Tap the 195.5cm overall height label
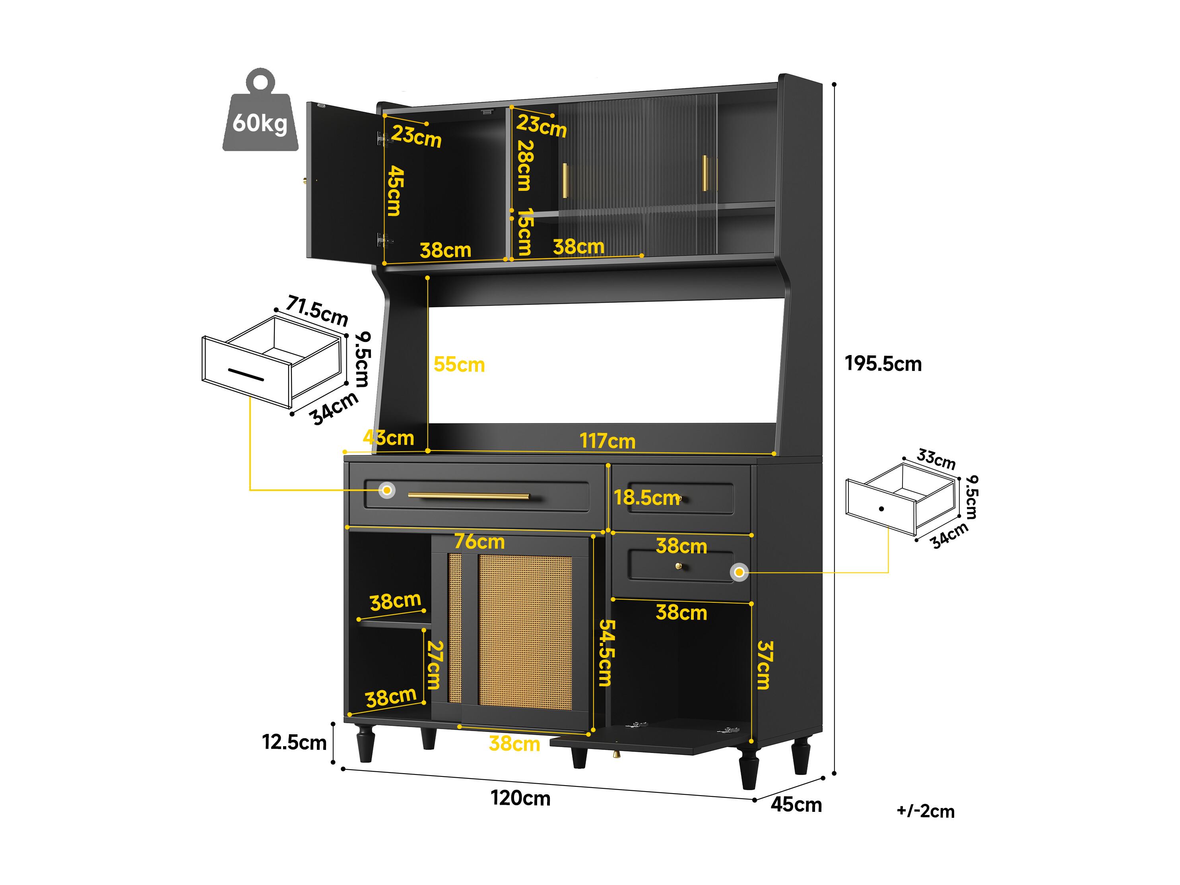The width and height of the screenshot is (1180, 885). tap(883, 364)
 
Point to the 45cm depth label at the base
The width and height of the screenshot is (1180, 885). tap(796, 804)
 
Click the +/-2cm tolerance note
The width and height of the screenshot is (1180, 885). tap(926, 811)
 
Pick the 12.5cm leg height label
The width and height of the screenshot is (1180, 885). tap(294, 742)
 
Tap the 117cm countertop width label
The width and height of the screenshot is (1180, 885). tap(607, 441)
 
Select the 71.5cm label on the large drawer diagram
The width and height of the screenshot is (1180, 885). tap(317, 311)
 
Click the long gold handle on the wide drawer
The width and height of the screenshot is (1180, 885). tap(469, 496)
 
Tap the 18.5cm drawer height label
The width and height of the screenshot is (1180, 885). tap(646, 498)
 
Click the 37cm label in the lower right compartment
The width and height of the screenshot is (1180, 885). tap(765, 665)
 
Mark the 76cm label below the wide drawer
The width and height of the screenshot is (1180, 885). tap(479, 541)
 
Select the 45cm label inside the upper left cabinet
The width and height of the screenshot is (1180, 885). tap(395, 190)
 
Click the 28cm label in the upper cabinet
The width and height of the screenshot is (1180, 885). tap(524, 165)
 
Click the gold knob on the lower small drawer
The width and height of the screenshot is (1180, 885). tap(679, 567)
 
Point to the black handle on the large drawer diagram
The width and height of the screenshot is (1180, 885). tap(246, 375)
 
